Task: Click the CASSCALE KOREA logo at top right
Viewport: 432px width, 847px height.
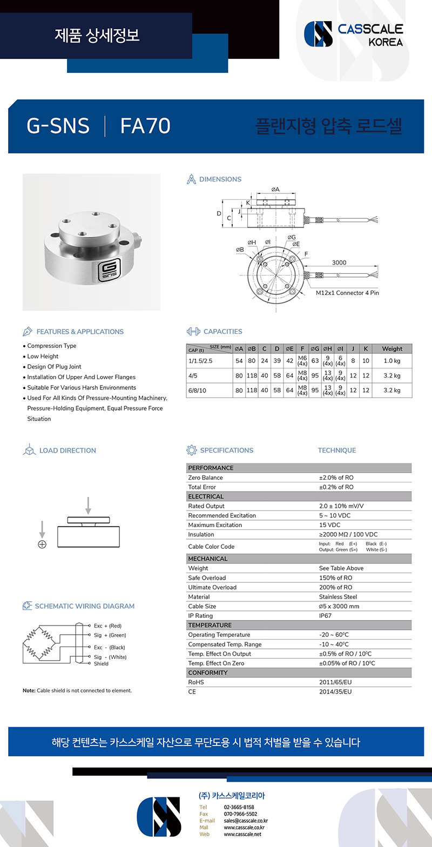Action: pos(354,34)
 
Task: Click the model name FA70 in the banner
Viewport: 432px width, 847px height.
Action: pos(145,126)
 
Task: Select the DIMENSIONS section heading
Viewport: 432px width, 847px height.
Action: pos(220,179)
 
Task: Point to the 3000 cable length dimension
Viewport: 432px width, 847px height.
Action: pos(339,263)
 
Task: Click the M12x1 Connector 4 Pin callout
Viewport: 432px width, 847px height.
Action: pos(348,293)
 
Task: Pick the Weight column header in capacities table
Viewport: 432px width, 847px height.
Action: pos(391,349)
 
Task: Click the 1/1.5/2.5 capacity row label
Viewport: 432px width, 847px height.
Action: pos(201,360)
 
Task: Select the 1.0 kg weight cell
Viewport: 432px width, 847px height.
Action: pos(391,360)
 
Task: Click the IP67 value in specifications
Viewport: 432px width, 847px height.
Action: pos(326,616)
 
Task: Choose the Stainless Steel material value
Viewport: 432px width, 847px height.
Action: pos(337,597)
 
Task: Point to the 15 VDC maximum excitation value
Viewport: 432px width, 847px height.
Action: pos(329,525)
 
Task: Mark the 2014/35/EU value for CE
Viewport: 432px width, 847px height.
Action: pos(335,691)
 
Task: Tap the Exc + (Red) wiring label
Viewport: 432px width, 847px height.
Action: pos(107,626)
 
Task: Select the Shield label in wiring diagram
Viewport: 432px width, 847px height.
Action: pos(101,664)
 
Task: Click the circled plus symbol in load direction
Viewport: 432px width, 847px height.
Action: pos(42,544)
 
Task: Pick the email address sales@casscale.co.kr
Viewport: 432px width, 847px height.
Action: pos(246,821)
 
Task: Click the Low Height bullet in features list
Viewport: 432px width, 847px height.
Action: pos(43,357)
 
